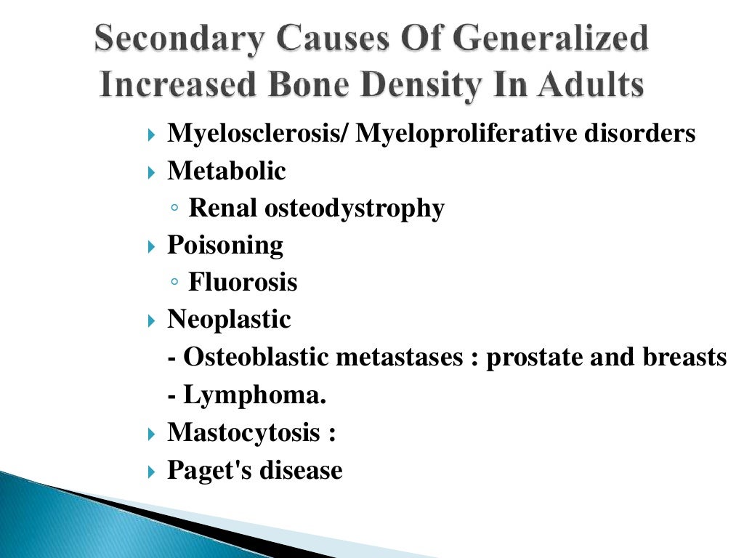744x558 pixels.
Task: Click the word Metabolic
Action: tap(227, 171)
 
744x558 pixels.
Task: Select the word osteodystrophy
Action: tap(354, 209)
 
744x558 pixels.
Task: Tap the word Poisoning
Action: tap(225, 246)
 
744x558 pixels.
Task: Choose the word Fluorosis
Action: tap(243, 283)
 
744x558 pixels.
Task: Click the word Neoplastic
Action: tap(229, 320)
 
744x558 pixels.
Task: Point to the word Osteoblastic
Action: tap(256, 357)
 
